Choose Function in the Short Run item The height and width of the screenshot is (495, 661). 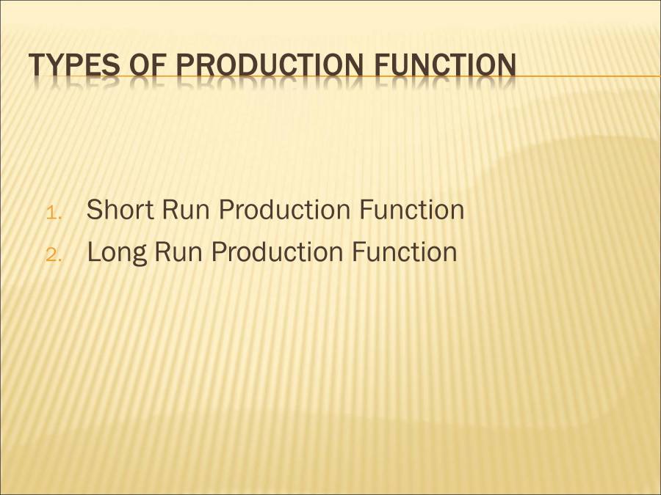(411, 210)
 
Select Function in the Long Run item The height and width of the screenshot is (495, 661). (404, 252)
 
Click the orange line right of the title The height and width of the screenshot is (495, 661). (588, 76)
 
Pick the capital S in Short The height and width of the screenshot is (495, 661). (95, 210)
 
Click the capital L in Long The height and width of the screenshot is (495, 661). (93, 252)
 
